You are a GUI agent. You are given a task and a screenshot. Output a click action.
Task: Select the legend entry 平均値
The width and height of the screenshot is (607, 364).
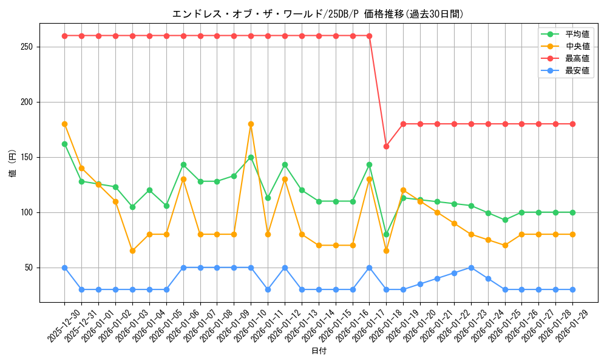click(577, 34)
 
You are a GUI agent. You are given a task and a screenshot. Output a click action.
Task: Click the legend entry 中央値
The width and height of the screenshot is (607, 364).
click(577, 46)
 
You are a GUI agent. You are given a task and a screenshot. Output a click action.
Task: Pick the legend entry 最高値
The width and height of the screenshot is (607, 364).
click(577, 58)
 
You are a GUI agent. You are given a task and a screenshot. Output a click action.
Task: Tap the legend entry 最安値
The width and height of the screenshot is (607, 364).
click(577, 70)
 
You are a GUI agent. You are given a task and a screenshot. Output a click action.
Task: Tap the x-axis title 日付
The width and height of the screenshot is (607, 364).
click(319, 351)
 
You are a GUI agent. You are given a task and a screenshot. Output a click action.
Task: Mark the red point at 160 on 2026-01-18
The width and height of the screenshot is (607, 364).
click(386, 146)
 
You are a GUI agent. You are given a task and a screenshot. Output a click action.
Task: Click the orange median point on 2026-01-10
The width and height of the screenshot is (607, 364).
click(251, 124)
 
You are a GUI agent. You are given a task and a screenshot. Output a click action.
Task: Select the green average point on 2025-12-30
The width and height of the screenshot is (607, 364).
click(64, 144)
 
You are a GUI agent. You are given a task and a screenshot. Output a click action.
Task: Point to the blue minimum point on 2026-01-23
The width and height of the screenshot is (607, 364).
click(471, 268)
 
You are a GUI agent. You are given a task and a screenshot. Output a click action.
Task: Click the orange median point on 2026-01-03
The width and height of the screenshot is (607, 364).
click(132, 251)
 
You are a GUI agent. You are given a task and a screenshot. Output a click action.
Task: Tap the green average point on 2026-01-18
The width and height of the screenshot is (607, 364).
click(386, 234)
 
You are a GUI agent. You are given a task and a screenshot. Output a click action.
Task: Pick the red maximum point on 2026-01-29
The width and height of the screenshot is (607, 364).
click(572, 124)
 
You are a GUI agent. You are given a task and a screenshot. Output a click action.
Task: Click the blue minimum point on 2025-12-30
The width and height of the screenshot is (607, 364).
click(64, 268)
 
